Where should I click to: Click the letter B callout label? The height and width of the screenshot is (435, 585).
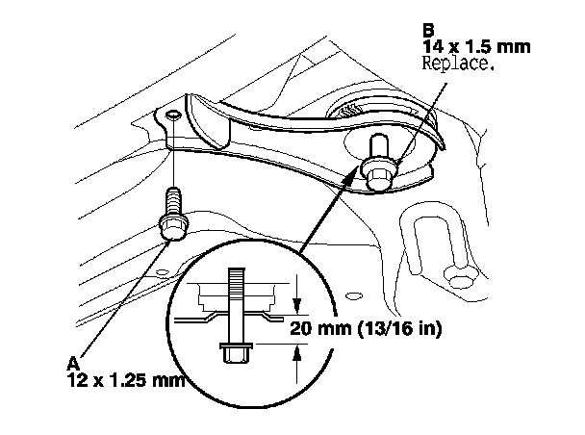click(x=428, y=30)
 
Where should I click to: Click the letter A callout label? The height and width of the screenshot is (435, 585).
click(x=71, y=363)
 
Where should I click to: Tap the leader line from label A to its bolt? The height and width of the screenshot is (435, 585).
click(x=115, y=298)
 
